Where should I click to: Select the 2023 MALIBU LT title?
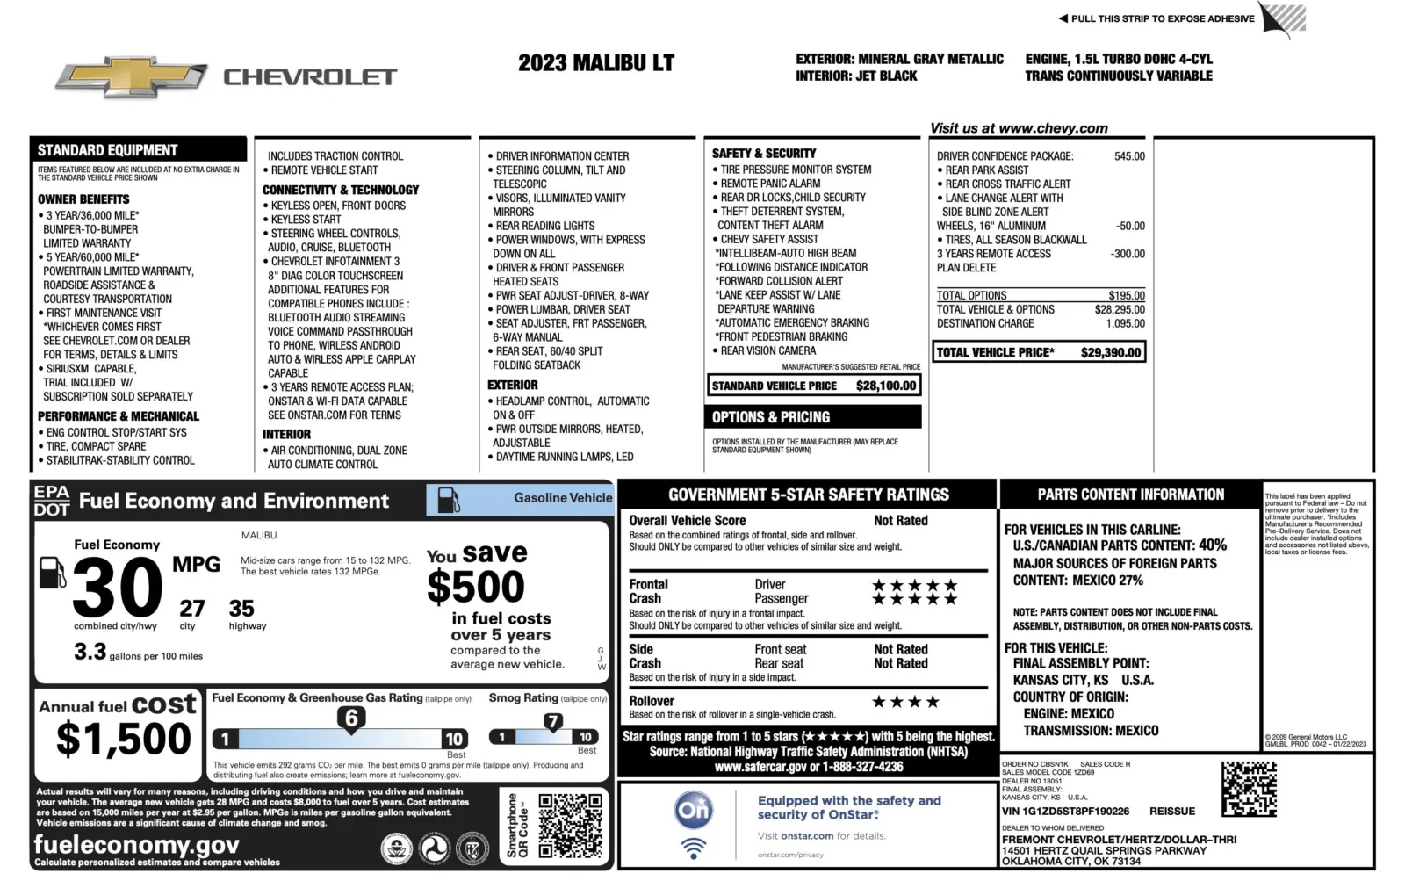point(595,63)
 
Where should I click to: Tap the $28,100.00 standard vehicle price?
point(885,386)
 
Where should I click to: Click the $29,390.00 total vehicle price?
point(1111,352)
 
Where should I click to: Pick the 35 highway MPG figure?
point(241,608)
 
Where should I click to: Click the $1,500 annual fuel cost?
point(123,739)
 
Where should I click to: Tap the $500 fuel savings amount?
point(476,587)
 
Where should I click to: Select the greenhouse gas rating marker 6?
point(351,718)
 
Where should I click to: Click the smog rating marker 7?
point(552,722)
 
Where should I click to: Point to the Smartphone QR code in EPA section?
point(570,826)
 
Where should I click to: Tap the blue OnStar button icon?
point(693,810)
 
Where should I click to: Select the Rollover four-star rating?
point(905,702)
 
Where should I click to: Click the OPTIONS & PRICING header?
point(771,417)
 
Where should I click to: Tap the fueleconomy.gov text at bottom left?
point(136,845)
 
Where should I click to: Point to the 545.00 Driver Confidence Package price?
point(1129,156)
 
